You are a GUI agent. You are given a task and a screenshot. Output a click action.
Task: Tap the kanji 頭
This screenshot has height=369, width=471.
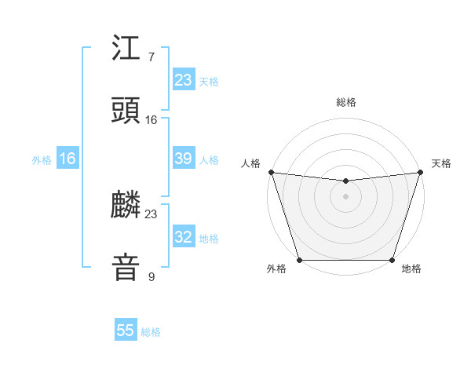click(x=126, y=109)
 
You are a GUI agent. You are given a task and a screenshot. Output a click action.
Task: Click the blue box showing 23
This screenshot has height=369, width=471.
click(x=184, y=80)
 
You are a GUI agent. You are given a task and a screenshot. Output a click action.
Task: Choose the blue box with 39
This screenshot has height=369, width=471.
click(x=184, y=159)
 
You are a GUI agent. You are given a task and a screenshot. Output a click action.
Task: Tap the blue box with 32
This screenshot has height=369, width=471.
click(x=184, y=237)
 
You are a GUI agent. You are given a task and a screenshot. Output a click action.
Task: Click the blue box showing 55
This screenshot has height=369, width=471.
click(x=126, y=331)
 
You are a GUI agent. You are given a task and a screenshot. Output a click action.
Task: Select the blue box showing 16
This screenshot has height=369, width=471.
click(x=68, y=159)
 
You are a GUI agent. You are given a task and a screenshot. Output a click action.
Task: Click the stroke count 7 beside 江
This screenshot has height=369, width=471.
click(x=151, y=57)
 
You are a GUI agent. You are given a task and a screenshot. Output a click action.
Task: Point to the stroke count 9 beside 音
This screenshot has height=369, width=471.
click(x=151, y=276)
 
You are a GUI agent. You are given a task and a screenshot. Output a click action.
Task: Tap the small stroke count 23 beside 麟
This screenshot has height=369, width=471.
click(x=151, y=214)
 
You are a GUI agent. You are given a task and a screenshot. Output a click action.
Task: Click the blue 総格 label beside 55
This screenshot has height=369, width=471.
click(x=151, y=332)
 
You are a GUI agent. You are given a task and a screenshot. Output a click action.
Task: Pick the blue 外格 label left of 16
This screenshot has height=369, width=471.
click(x=42, y=160)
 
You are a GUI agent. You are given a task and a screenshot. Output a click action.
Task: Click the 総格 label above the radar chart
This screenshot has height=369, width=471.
click(x=345, y=102)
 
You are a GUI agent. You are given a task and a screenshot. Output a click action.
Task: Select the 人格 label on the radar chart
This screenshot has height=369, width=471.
click(x=251, y=163)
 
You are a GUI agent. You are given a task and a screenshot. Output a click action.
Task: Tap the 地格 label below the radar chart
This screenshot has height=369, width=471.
click(x=411, y=269)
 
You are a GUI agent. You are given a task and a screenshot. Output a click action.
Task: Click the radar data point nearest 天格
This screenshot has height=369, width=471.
click(x=420, y=173)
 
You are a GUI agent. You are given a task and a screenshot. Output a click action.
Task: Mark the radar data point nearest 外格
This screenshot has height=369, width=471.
click(x=299, y=260)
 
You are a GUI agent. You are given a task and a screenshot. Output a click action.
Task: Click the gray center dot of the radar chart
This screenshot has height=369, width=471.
click(x=345, y=196)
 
